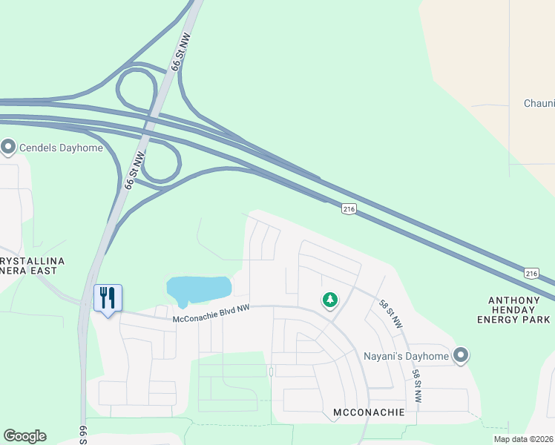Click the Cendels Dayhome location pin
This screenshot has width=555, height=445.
9,148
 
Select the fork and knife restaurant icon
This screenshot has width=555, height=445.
108,298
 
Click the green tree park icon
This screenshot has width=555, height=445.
329,300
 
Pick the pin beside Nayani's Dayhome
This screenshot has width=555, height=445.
461,356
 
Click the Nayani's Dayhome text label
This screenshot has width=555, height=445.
406,356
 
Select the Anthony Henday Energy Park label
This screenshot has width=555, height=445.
519,310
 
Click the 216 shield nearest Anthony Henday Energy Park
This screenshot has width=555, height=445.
531,273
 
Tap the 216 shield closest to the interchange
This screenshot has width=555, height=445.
348,210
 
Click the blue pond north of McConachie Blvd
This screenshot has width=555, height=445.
199,289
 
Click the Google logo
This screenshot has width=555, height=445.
24,436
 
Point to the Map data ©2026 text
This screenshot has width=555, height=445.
523,439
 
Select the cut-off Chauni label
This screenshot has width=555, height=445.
539,103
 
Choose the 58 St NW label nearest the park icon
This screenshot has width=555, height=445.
390,314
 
